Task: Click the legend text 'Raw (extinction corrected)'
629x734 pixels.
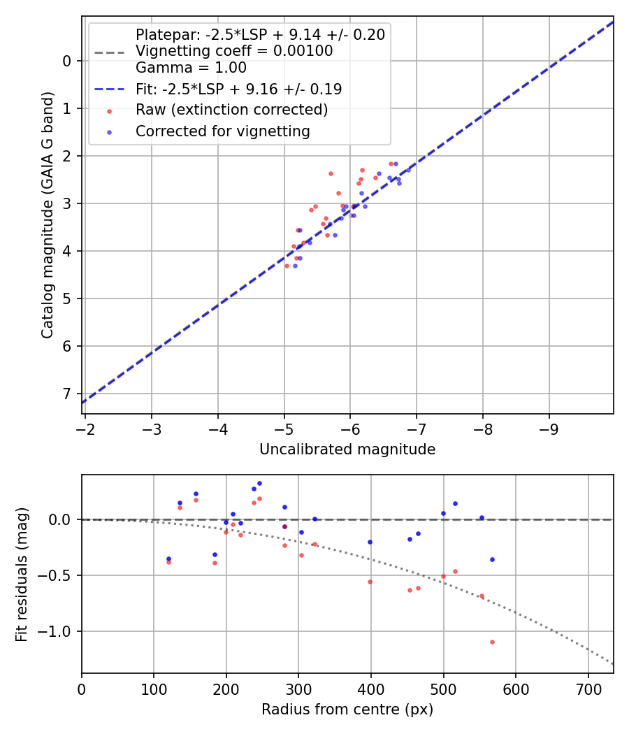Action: pos(231,110)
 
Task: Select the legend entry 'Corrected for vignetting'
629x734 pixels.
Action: pos(222,131)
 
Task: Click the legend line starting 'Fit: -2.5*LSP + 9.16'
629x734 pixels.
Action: pos(238,89)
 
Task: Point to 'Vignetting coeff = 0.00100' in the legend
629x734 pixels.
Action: pos(234,51)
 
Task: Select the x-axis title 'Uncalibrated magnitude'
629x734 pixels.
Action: pos(347,449)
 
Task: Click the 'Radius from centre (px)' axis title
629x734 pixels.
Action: pos(347,710)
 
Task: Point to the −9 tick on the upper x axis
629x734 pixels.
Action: pos(549,428)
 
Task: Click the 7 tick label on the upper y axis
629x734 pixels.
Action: pos(67,394)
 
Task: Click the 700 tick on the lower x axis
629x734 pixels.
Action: pos(588,688)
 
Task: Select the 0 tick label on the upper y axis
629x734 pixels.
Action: pos(67,61)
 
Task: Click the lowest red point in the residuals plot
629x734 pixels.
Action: pos(492,642)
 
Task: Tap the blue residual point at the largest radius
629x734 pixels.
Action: pos(492,559)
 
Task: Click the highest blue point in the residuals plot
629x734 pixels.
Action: pos(259,483)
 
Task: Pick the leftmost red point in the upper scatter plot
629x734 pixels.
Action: pos(287,266)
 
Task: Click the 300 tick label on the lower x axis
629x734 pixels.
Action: pos(298,688)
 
